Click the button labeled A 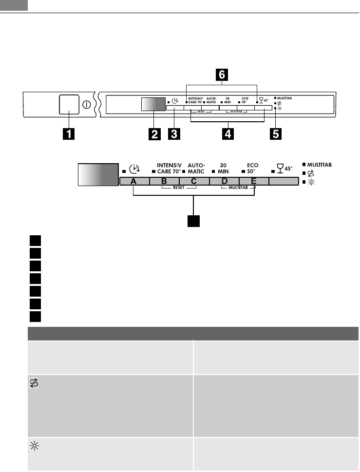(134, 181)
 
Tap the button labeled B (164, 181)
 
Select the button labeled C (194, 181)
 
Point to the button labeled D (224, 181)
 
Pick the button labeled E (254, 181)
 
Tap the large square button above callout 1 (69, 104)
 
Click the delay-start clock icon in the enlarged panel (135, 169)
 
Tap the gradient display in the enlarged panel (98, 174)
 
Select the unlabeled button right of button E (284, 181)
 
